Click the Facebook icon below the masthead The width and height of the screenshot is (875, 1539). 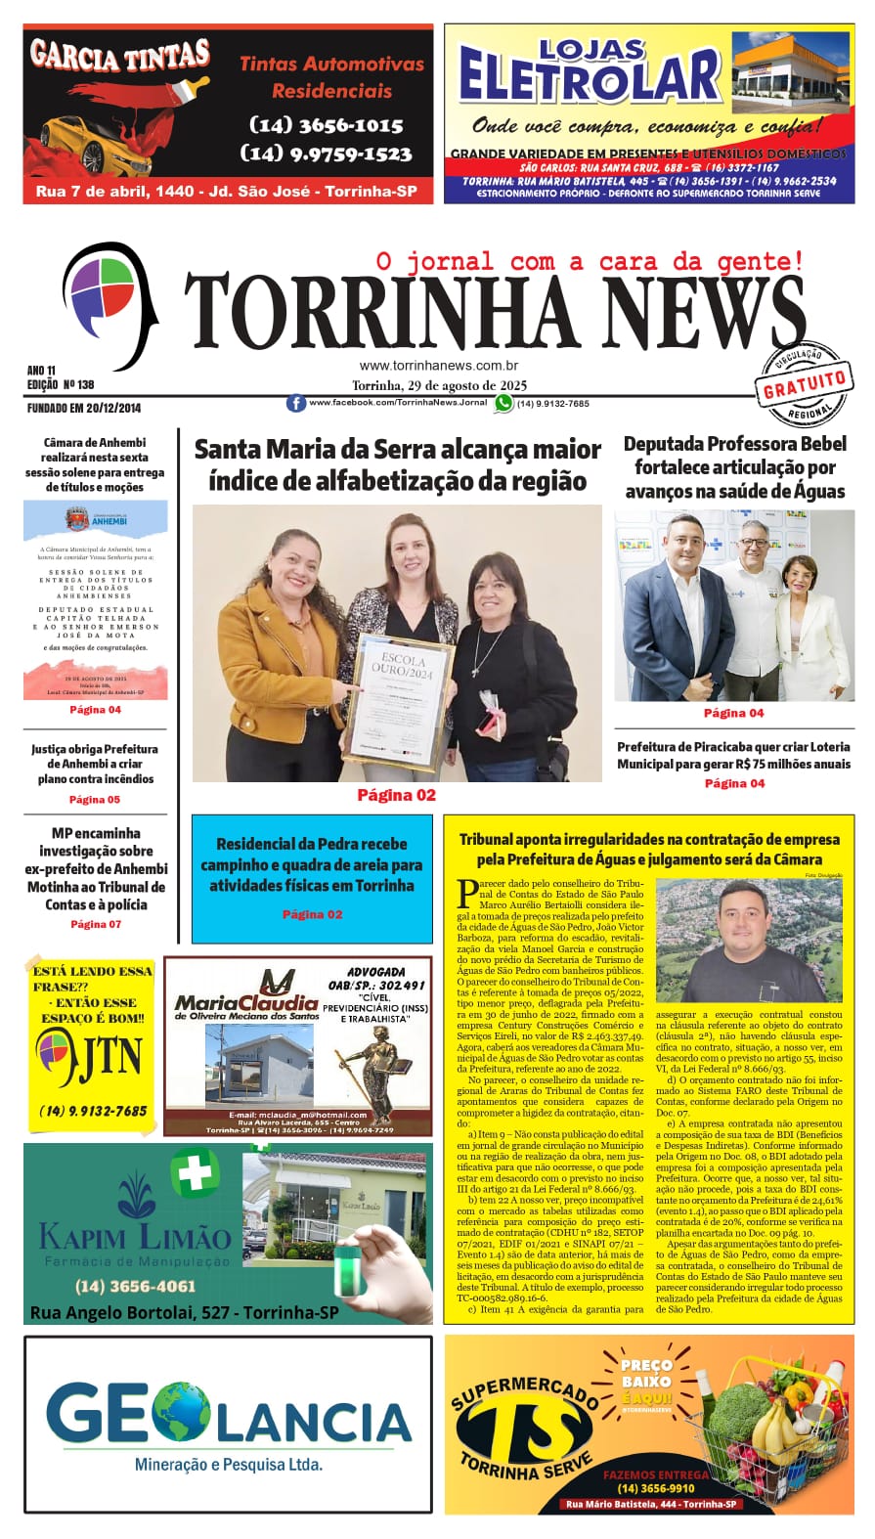295,403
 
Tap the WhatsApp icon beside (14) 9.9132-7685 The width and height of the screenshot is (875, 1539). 503,403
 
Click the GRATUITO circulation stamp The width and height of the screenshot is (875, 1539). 805,384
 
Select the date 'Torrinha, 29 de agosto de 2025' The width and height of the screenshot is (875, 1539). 439,385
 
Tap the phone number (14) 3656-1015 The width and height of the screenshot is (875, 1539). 327,125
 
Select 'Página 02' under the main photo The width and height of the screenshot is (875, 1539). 396,795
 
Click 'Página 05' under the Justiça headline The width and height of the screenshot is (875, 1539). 95,800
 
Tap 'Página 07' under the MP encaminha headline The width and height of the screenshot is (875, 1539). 95,924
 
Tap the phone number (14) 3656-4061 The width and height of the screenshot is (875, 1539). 135,1286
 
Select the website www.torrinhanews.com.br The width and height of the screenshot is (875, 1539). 438,366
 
